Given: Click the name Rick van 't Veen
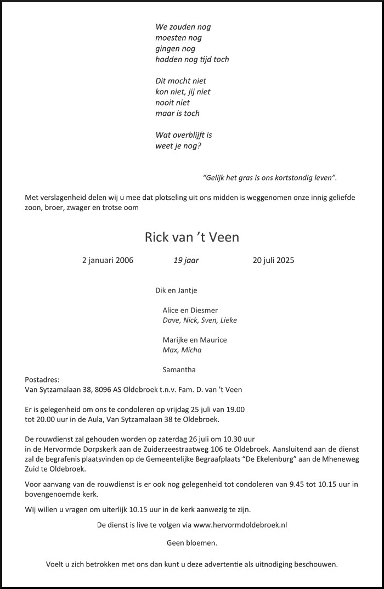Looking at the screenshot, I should tap(192, 237).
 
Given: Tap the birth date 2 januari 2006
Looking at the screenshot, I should tap(108, 260).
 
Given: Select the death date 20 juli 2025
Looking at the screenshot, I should tap(273, 260).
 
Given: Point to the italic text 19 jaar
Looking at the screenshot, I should tap(186, 260).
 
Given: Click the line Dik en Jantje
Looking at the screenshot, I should tap(176, 290).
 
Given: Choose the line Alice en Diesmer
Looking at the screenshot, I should tap(190, 310).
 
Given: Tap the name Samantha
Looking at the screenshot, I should tap(179, 369).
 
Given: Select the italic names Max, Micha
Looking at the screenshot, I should tap(182, 350).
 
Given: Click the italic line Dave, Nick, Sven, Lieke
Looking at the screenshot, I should tap(200, 320).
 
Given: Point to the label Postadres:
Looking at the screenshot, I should tap(42, 379).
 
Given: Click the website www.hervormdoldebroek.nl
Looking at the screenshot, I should tap(240, 525).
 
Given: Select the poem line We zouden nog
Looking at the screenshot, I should tap(183, 27).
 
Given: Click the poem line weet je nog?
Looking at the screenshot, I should tap(178, 145).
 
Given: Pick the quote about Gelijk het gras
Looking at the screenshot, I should tap(270, 177).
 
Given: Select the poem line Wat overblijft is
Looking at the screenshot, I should tap(184, 135).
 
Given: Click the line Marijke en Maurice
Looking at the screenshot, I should tap(195, 340).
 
